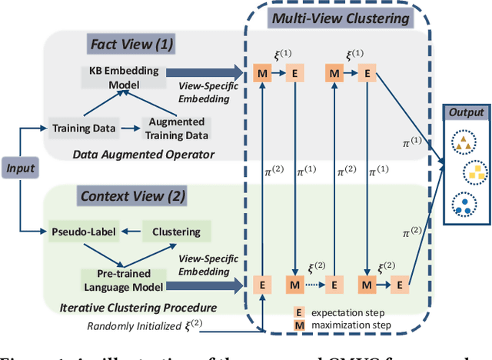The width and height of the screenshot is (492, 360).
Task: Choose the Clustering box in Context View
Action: coord(176,231)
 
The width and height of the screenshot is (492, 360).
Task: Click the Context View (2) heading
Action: coord(133,195)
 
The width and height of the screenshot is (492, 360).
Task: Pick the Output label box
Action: coord(467,112)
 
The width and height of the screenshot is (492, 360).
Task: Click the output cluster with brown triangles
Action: coord(461,142)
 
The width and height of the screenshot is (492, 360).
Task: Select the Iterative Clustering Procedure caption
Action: coord(137,307)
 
